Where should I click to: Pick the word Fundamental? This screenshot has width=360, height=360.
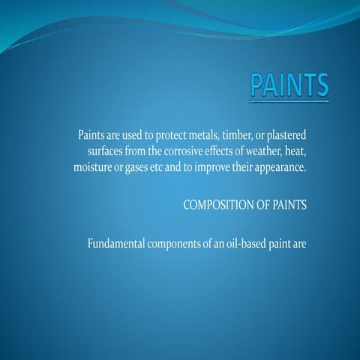coord(117,244)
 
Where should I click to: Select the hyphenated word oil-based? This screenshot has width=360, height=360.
coord(247,244)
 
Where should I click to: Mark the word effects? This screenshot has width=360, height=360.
coord(218,151)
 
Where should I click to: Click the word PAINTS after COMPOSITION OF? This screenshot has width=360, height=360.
coord(289,205)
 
